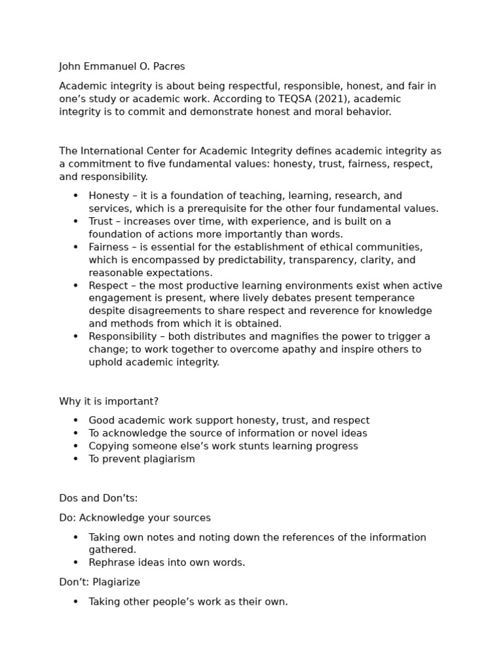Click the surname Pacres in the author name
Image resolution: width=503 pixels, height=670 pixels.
[168, 67]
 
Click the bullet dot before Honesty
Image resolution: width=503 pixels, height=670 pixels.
[75, 196]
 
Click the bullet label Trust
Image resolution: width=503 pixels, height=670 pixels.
[102, 221]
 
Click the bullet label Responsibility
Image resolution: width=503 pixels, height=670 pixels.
[122, 336]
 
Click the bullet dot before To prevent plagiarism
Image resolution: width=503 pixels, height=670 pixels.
[75, 459]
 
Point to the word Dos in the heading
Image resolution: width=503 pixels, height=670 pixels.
[69, 498]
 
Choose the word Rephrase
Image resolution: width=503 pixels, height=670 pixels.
[111, 563]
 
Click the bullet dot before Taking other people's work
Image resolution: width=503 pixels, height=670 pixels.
[75, 602]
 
